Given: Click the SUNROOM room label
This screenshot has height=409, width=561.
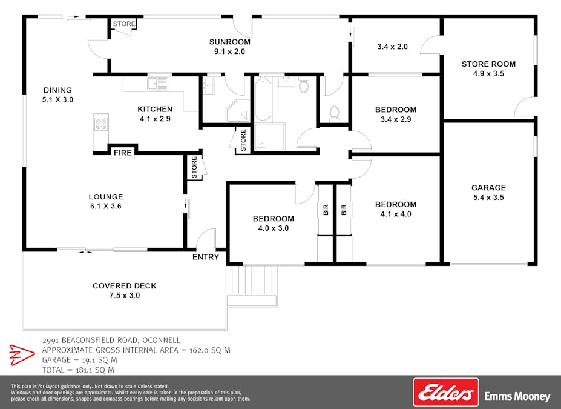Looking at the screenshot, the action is pos(230,42).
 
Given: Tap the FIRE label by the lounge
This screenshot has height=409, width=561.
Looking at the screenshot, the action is pos(123,153).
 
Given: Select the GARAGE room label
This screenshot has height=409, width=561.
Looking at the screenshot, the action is pos(489,188).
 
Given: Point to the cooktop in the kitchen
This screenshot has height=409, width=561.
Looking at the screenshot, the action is pos(101,124).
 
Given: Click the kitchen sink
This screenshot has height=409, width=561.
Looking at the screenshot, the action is pos(158,84).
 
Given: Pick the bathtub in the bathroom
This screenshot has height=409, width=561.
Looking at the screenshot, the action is pos(263,99).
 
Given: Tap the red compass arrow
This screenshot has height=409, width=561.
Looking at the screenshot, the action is pos(22,355).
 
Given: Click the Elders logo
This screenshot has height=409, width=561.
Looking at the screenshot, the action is pos(446,392).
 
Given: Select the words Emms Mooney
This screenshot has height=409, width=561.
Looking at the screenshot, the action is pos(517,396).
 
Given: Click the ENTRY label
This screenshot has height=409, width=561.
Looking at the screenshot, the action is pos(206,257).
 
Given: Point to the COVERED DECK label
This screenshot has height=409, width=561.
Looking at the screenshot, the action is pos(125,286).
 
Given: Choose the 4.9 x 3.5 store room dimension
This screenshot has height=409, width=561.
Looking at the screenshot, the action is pos(489,74).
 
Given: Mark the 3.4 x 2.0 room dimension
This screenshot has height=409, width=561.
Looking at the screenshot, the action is pos(393,47).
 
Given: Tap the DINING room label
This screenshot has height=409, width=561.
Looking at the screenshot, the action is pos(57,90).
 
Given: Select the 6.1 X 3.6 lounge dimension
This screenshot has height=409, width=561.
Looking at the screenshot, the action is pos(106,206).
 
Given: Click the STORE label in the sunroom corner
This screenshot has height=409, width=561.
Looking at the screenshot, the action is pos(124,24).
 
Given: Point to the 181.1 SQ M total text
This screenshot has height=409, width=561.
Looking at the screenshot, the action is pos(95,370).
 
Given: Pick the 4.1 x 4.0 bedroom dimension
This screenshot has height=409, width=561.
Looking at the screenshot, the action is pos(396,214).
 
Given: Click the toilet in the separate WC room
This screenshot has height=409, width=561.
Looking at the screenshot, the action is pos(335,114).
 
